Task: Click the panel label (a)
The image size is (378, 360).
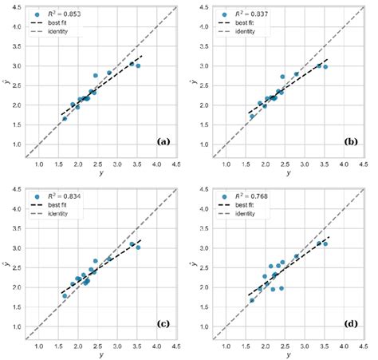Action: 163,141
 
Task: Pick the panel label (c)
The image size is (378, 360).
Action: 163,322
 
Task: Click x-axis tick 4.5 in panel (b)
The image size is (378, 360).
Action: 363,165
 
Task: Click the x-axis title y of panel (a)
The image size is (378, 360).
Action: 100,175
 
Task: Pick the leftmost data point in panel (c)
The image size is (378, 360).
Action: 65,296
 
